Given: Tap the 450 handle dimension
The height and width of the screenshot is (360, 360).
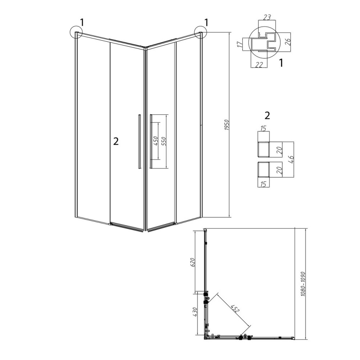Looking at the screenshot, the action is tap(155, 141).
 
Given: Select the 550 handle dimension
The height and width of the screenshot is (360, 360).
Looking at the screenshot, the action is tap(164, 141).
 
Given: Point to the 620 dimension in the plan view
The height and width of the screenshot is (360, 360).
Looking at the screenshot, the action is tap(193, 262).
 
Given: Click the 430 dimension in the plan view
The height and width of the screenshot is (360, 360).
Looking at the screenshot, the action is tap(195, 312).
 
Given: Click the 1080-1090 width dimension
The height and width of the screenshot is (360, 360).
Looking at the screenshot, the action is tap(303, 284).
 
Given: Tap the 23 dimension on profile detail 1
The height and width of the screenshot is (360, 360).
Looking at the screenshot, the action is tap(267, 17).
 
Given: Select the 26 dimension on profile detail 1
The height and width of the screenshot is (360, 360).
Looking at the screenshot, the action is tap(288, 41).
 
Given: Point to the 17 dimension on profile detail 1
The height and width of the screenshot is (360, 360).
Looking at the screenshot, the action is tap(239, 44).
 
